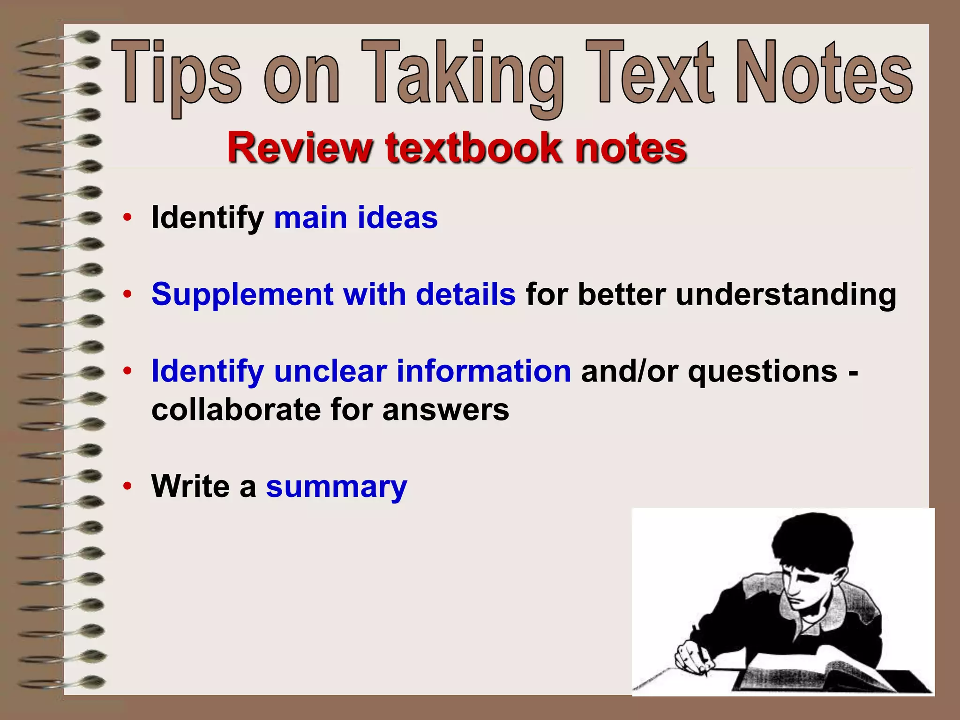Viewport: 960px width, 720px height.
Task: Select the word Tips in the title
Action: [x=177, y=75]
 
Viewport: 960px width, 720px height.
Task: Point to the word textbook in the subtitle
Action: [x=473, y=148]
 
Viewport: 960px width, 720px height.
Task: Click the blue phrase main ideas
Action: [x=356, y=218]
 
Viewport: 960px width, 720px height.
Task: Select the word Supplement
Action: [x=242, y=295]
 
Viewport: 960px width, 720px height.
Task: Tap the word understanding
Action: [x=786, y=295]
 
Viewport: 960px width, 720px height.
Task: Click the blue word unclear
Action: [x=330, y=371]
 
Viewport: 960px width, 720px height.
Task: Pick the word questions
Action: [x=763, y=371]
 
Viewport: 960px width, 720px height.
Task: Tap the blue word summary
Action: [x=337, y=487]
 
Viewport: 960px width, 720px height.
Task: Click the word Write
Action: [x=191, y=487]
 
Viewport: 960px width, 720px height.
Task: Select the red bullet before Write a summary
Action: [x=127, y=487]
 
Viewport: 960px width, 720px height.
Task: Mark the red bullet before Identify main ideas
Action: [x=127, y=218]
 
